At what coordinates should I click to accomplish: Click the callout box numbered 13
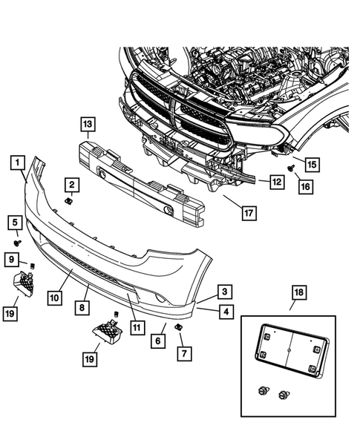(88, 124)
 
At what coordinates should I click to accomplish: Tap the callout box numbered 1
(18, 162)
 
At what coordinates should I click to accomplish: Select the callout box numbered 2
(72, 185)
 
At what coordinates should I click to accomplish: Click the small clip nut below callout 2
(68, 200)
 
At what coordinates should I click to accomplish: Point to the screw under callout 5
(18, 243)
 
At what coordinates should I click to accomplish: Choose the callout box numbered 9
(11, 260)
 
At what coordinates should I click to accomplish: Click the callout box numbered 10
(55, 298)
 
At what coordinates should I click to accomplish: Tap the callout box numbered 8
(82, 307)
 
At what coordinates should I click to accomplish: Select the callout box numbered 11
(137, 327)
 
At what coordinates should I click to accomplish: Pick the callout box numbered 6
(158, 341)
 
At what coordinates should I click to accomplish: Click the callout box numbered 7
(185, 353)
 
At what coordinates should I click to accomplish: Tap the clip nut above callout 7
(177, 326)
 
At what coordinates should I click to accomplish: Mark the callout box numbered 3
(225, 292)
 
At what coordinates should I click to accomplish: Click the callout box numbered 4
(226, 312)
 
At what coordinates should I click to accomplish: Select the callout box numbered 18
(299, 292)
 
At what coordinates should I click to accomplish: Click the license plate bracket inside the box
(292, 351)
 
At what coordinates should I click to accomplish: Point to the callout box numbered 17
(249, 214)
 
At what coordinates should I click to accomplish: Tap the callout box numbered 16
(306, 186)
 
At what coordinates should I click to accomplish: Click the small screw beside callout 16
(291, 168)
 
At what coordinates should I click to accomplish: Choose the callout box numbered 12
(277, 182)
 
